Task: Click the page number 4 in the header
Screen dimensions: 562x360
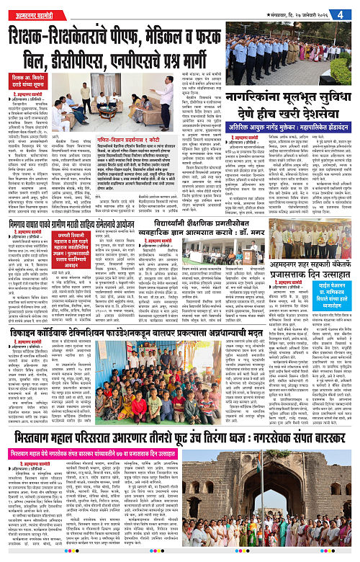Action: (351, 14)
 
